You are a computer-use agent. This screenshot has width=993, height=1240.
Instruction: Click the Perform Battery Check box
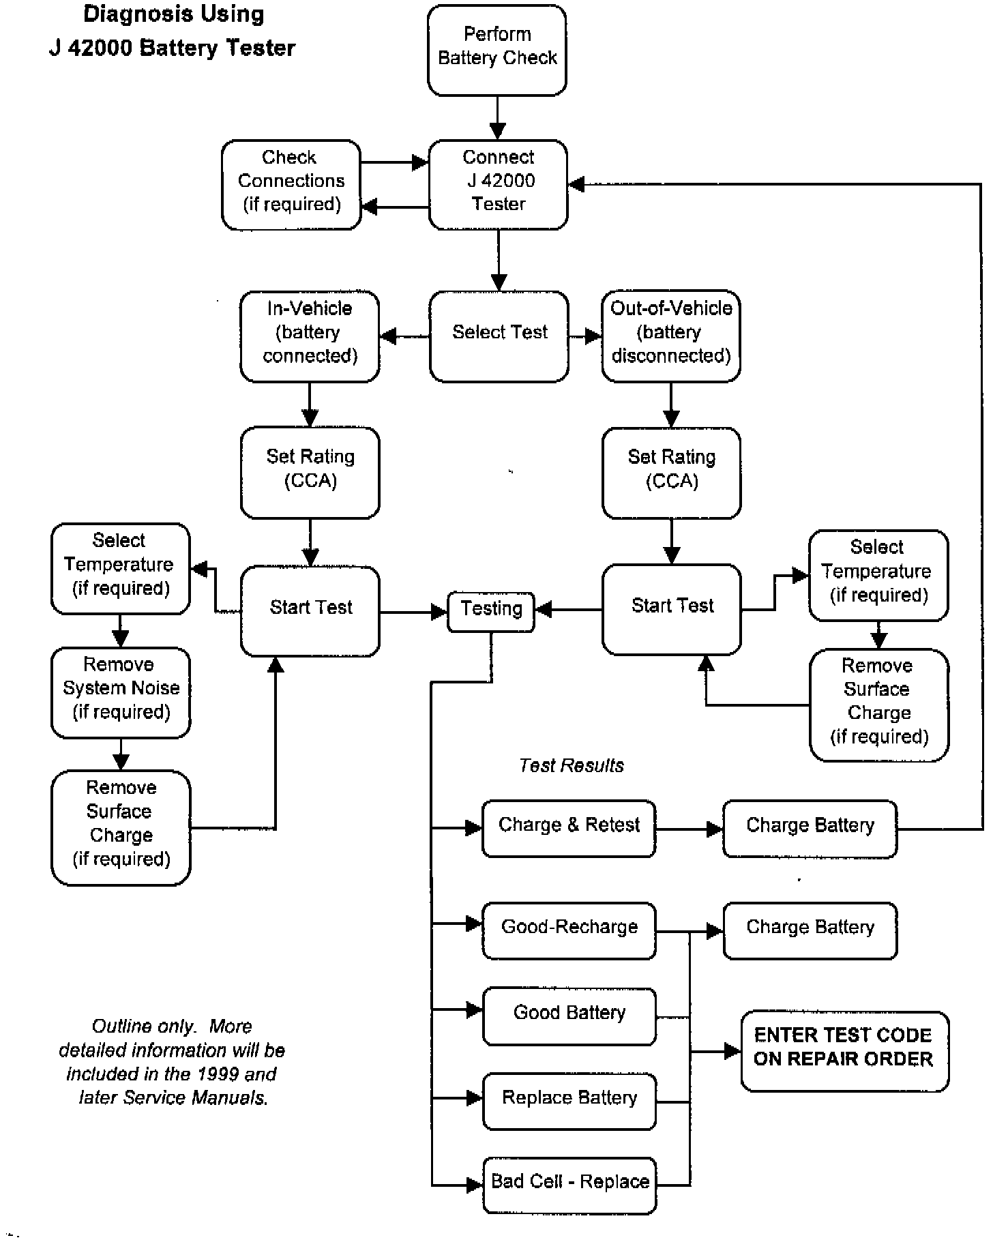tap(497, 50)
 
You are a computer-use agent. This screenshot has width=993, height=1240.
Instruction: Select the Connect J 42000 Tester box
tap(499, 184)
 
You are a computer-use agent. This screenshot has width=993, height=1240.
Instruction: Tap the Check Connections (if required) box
tap(291, 184)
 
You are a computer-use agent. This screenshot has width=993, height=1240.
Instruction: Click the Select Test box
tap(499, 336)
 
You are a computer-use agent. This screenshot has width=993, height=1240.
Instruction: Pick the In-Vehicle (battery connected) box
tap(310, 336)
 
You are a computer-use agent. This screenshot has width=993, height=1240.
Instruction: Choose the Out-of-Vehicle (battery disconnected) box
tap(671, 336)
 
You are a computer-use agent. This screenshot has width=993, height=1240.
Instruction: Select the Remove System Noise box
tap(121, 692)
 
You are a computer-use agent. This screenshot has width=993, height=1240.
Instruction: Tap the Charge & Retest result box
tap(569, 828)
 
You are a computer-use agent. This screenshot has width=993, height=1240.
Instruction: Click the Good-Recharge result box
tap(569, 930)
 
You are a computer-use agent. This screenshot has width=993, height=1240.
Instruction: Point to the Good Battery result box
tap(569, 1016)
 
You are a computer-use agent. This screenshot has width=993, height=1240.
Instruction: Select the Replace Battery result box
tap(569, 1101)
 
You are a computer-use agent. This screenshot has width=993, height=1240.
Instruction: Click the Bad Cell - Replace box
tap(569, 1185)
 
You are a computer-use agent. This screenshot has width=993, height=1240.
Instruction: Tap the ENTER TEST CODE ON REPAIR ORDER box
tap(844, 1051)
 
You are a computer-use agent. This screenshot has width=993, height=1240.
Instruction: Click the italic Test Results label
tap(572, 765)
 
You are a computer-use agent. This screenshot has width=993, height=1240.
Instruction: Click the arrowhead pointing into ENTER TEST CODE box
tap(732, 1051)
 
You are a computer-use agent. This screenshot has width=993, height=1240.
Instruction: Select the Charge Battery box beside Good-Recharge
tap(810, 930)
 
